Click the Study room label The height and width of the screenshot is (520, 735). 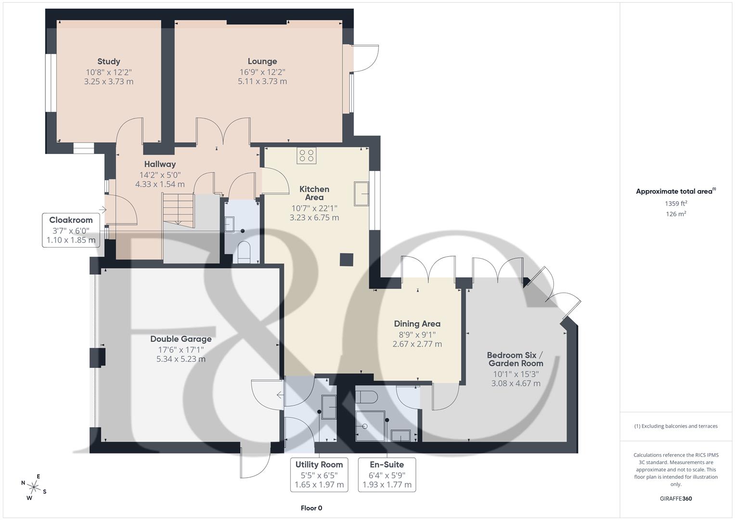pos(109,62)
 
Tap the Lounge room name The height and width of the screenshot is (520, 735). pos(262,62)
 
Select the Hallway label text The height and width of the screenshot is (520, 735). pos(160,165)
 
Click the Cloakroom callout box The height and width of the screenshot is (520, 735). pos(71,230)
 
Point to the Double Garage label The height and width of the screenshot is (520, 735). pos(181,339)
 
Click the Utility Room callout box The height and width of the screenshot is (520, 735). pos(319,474)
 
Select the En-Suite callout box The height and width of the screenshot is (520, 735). pos(387,474)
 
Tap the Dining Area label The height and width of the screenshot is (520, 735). pos(417,324)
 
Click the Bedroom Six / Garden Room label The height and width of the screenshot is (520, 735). pos(516,359)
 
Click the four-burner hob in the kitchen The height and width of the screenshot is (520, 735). pos(307,156)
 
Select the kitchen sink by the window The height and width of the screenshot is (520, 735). pos(361,194)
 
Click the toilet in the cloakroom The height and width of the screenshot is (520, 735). pos(245,252)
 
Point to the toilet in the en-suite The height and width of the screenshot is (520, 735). pos(367,397)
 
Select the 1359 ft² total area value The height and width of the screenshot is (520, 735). pos(676,204)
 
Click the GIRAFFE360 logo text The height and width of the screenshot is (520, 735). pos(676,499)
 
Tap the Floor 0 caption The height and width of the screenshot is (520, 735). pos(311,508)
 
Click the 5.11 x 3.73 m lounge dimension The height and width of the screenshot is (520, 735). pos(262,81)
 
